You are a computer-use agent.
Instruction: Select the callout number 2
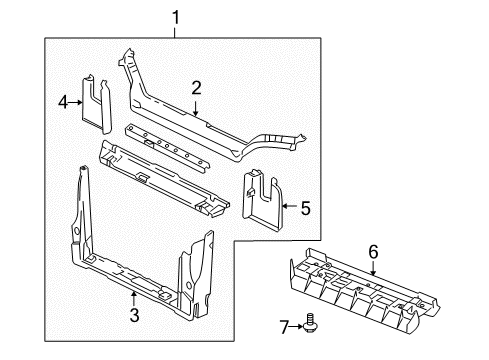pyautogui.click(x=197, y=87)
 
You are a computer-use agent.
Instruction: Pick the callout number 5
pyautogui.click(x=306, y=208)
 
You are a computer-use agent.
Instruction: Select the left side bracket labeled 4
pyautogui.click(x=97, y=104)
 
